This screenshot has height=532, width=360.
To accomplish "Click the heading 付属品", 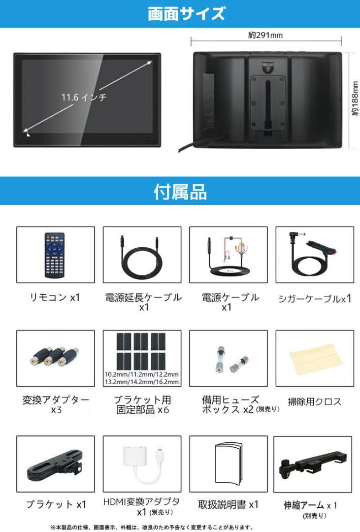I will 180,191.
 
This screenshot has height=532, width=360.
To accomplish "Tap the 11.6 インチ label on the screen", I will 84,97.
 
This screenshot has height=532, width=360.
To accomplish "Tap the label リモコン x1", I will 55,297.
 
